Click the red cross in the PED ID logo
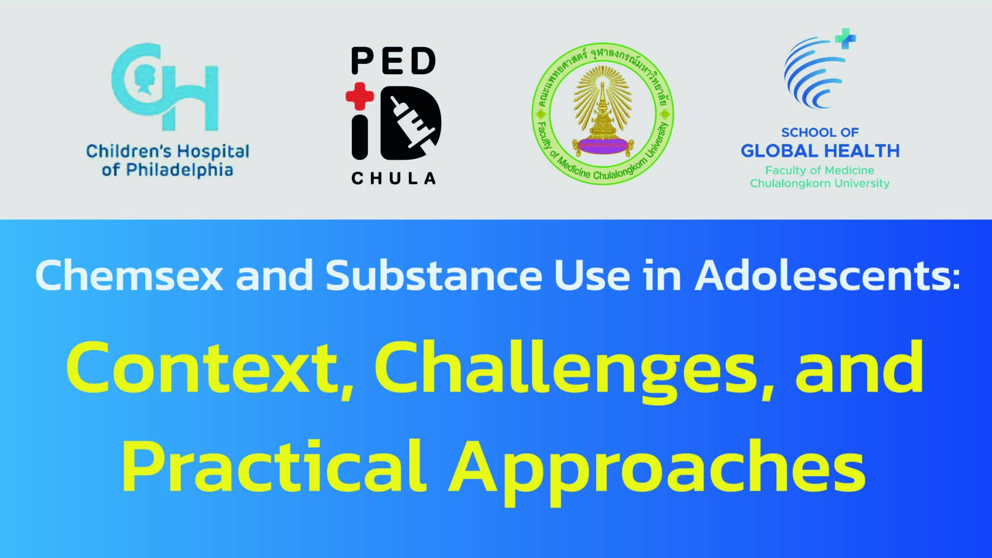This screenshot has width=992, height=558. tap(360, 96)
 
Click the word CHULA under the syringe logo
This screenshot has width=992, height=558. tap(394, 178)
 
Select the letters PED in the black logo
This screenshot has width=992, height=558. tap(394, 61)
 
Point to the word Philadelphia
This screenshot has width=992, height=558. tap(180, 170)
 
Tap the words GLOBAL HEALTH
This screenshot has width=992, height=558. tap(820, 151)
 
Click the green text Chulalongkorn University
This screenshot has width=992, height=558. tap(820, 183)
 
